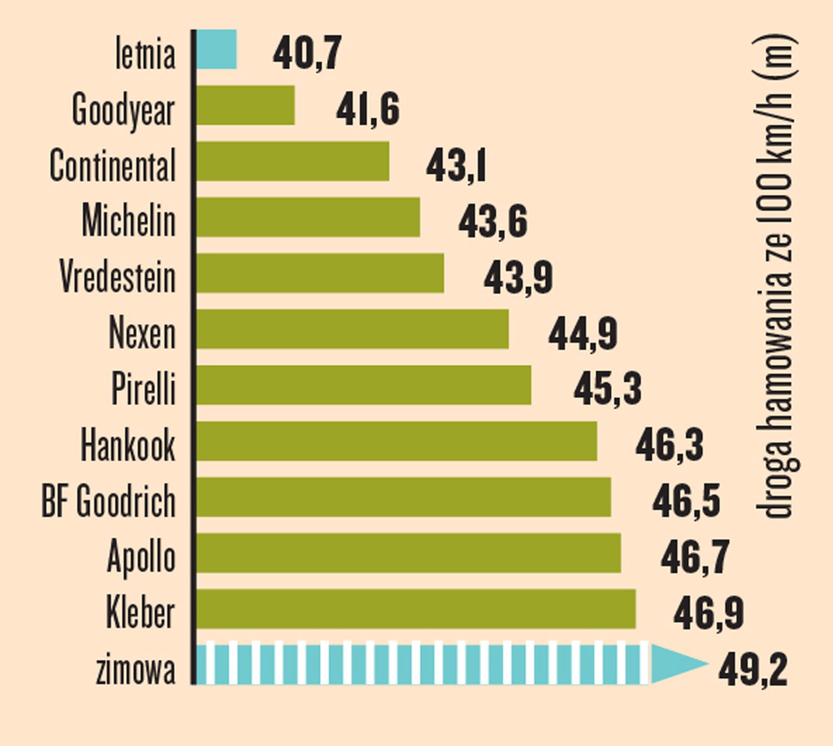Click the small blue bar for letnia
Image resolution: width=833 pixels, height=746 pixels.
pyautogui.click(x=216, y=49)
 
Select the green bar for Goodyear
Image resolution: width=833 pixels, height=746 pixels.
pyautogui.click(x=246, y=105)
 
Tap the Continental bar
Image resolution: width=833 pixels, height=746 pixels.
pyautogui.click(x=293, y=161)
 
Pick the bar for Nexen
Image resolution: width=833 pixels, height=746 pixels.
pyautogui.click(x=353, y=329)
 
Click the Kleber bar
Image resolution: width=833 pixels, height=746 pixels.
pyautogui.click(x=416, y=609)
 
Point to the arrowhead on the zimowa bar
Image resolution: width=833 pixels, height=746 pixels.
pyautogui.click(x=676, y=663)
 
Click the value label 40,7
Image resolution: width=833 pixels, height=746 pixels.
pyautogui.click(x=307, y=53)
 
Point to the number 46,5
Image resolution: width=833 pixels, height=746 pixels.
pyautogui.click(x=686, y=501)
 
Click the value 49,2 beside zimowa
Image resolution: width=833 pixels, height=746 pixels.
pyautogui.click(x=753, y=669)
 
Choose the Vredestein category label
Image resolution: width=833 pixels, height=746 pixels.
pyautogui.click(x=118, y=276)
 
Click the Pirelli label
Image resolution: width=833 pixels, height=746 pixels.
pyautogui.click(x=144, y=388)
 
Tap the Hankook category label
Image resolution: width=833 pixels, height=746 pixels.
pyautogui.click(x=128, y=445)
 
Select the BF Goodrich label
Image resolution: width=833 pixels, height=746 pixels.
pyautogui.click(x=109, y=501)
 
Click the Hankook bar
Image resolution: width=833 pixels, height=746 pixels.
pyautogui.click(x=396, y=441)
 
